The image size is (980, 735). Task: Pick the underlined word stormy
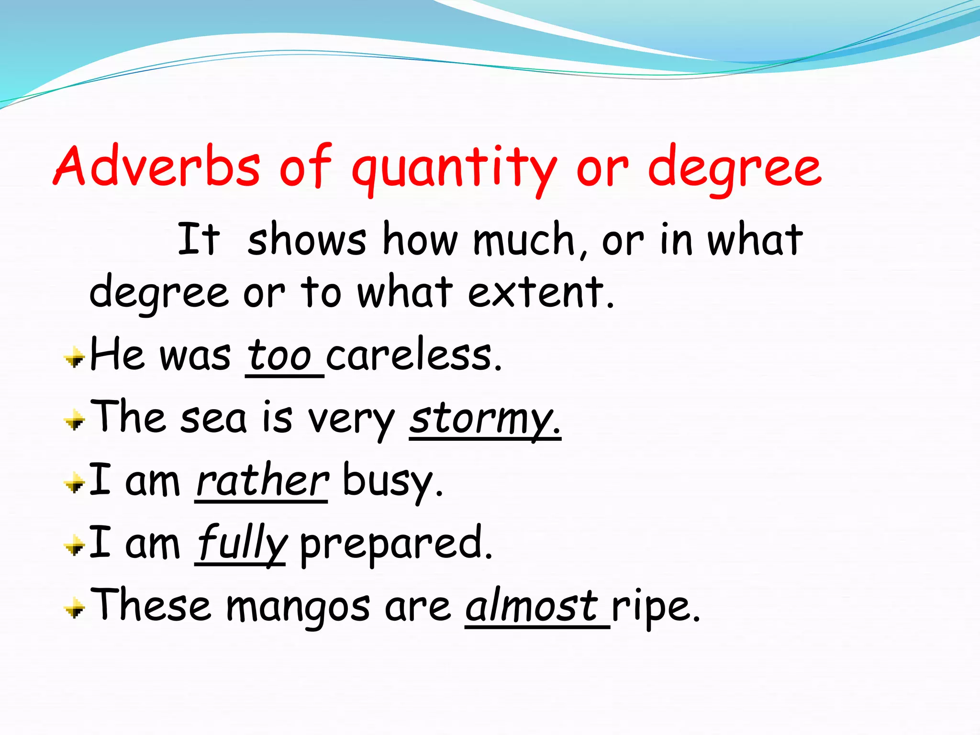(484, 419)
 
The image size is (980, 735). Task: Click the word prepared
(395, 545)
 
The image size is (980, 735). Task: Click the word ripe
(655, 608)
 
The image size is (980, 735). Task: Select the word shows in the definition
(307, 239)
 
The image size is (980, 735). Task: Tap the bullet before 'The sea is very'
(75, 421)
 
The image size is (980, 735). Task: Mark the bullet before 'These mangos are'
(75, 609)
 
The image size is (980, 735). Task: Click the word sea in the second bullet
(213, 418)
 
